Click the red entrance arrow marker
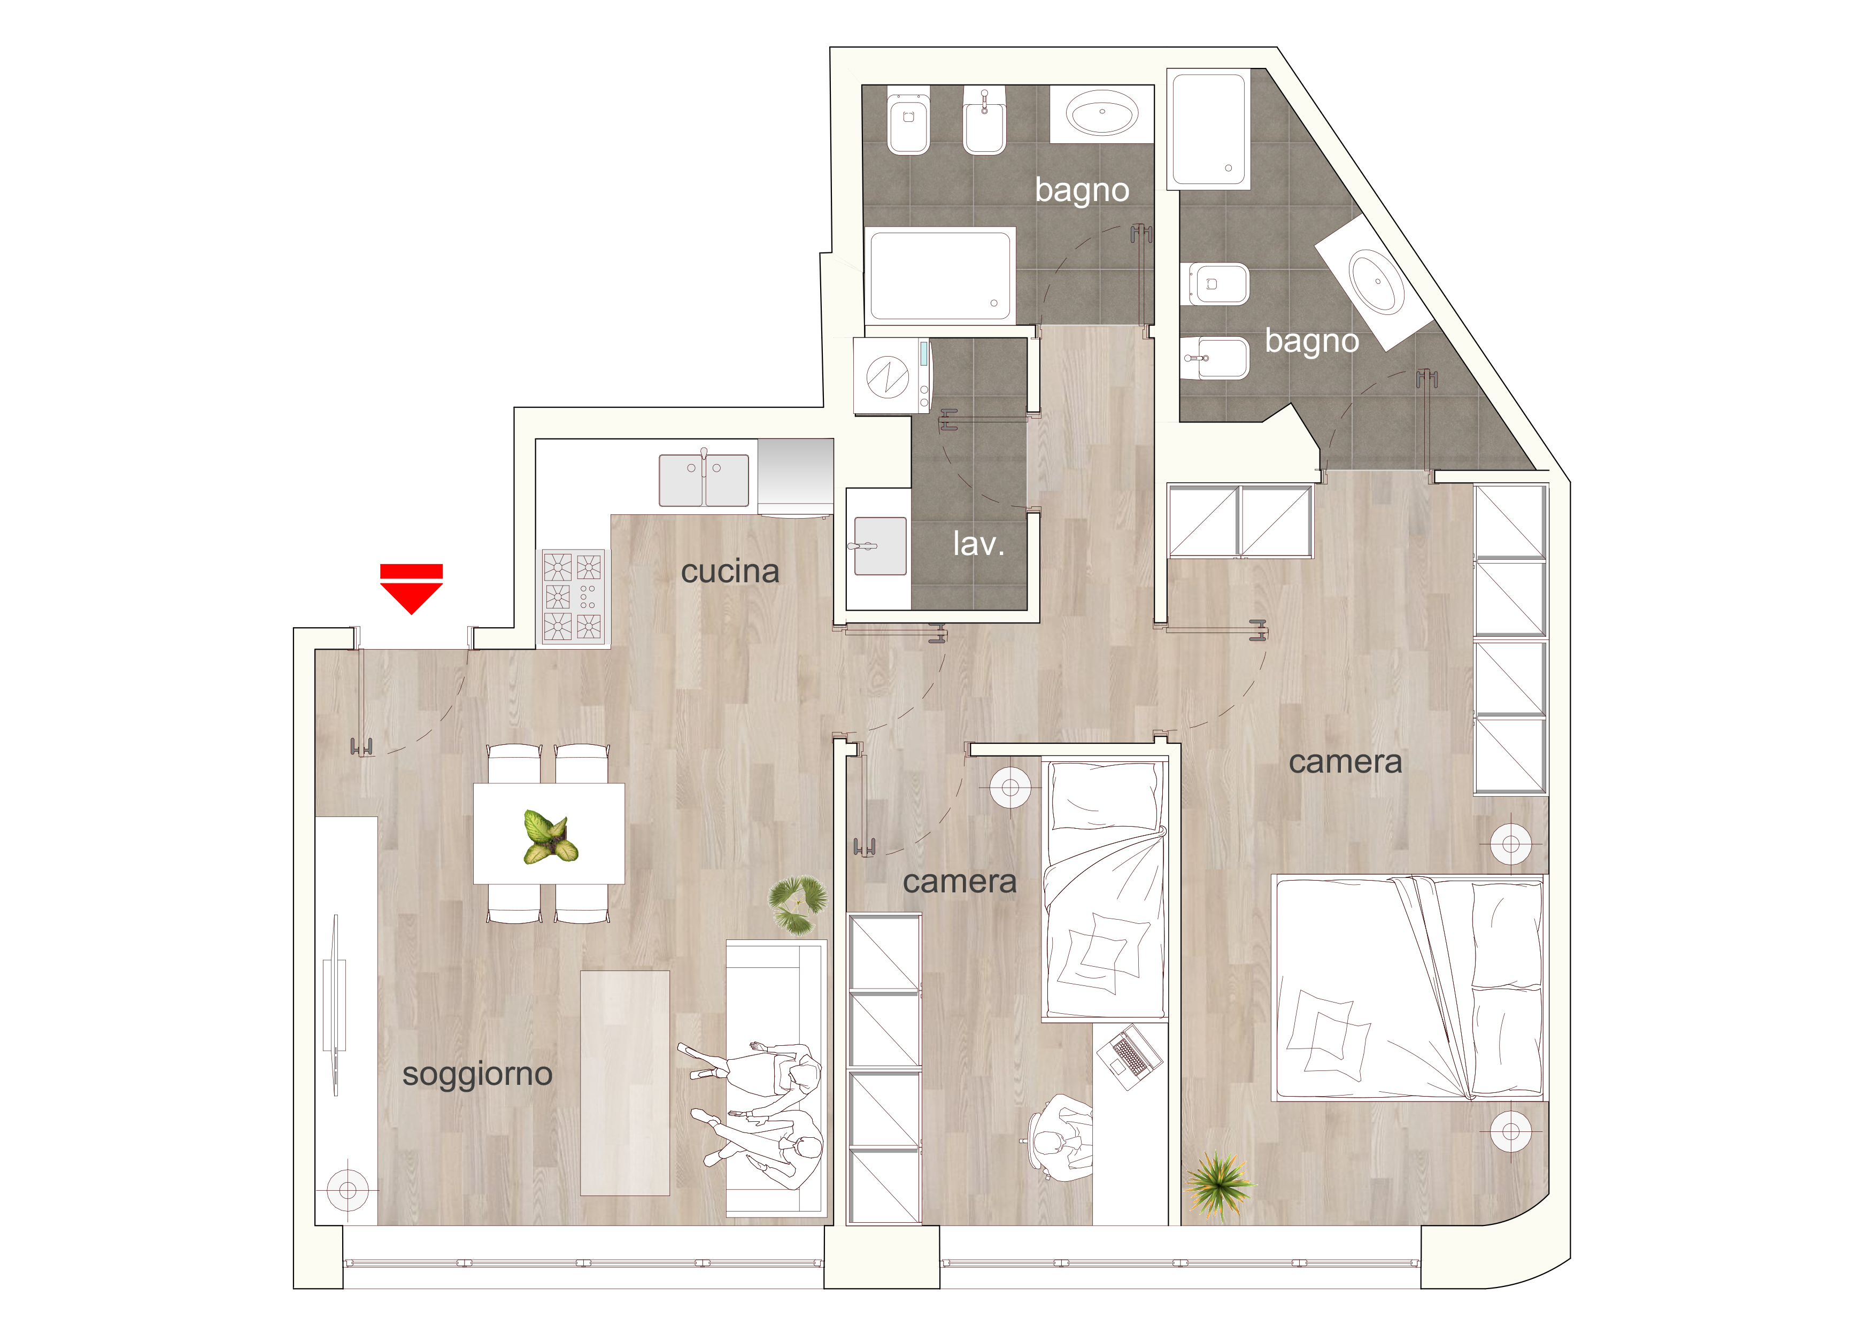pyautogui.click(x=411, y=589)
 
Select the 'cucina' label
pyautogui.click(x=730, y=572)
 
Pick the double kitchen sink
pyautogui.click(x=704, y=480)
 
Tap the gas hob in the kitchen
pyautogui.click(x=573, y=597)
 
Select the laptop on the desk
pyautogui.click(x=1129, y=1058)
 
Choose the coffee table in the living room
pyautogui.click(x=624, y=1083)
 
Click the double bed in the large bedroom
pyautogui.click(x=1409, y=988)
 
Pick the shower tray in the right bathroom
pyautogui.click(x=1209, y=129)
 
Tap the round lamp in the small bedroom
pyautogui.click(x=1010, y=787)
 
